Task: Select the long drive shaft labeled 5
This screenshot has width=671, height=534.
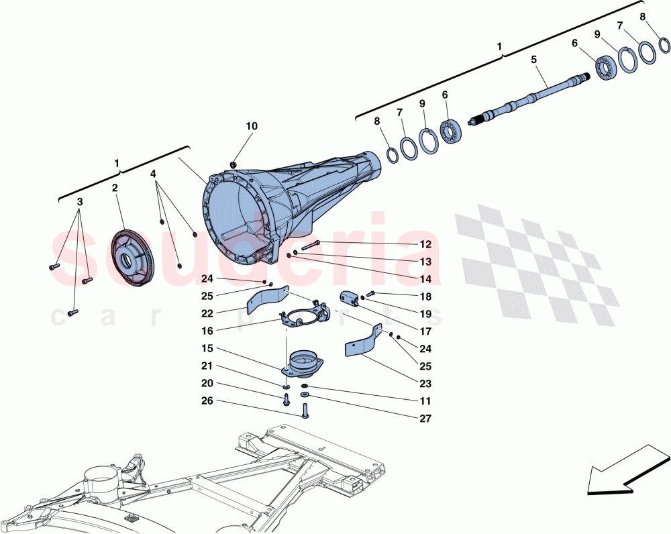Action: [x=530, y=97]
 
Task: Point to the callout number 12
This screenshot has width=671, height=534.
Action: [x=425, y=245]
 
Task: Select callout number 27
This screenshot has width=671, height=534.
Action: [x=425, y=418]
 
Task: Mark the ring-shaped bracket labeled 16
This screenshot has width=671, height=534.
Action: [x=305, y=316]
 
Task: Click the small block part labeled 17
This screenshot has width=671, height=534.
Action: [x=350, y=298]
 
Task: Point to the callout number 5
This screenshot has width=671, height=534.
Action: [x=533, y=59]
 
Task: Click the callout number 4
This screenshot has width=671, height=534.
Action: [x=154, y=174]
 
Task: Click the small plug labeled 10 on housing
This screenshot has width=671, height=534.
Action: [x=232, y=164]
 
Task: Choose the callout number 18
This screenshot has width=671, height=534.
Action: [x=425, y=297]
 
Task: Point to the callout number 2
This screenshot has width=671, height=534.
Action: [x=115, y=189]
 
